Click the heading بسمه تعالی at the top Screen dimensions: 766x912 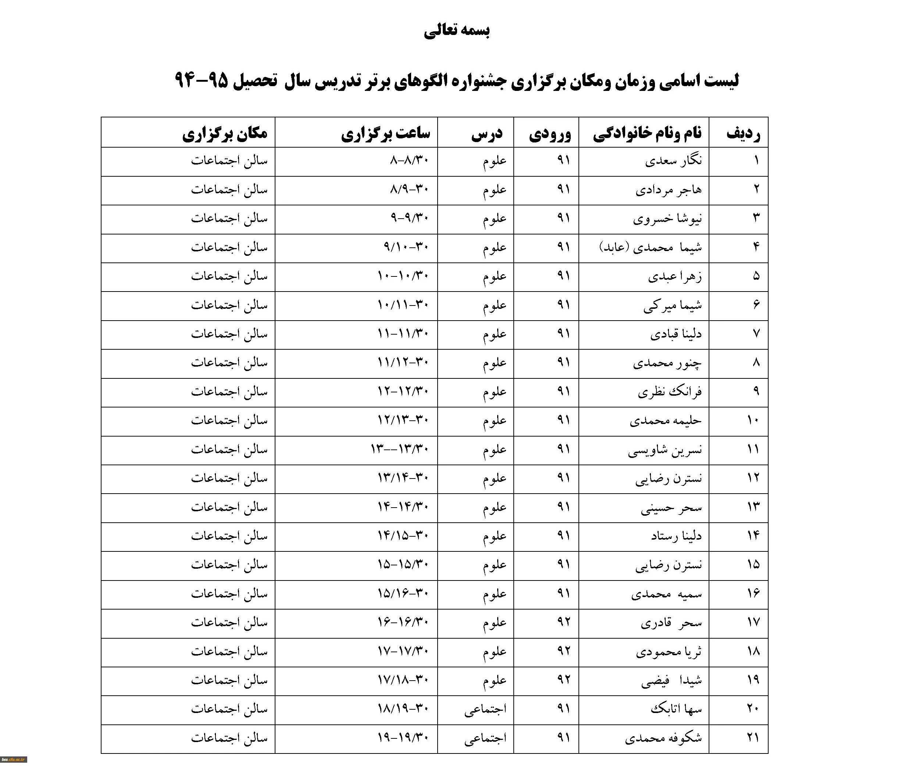[456, 31]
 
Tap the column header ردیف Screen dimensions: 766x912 [743, 133]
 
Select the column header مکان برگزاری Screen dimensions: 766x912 [225, 133]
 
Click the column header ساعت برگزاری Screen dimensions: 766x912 [385, 133]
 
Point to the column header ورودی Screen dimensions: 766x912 [549, 133]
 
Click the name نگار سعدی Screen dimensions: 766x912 [673, 161]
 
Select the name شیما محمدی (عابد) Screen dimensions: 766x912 [651, 247]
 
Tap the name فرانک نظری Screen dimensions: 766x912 [670, 392]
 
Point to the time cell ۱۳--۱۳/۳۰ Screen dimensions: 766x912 [399, 449]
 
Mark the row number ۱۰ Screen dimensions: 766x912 [753, 420]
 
